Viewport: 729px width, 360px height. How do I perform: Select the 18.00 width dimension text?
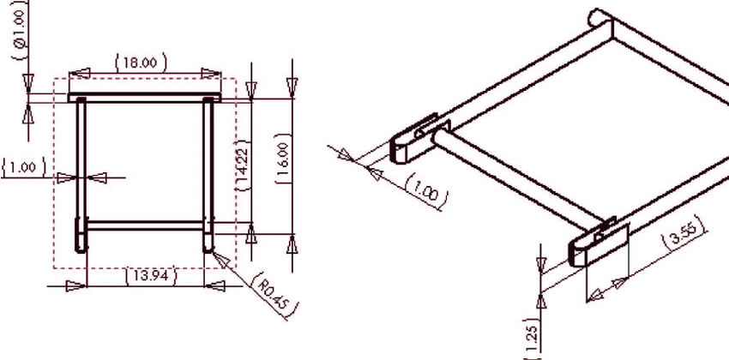[x=140, y=62]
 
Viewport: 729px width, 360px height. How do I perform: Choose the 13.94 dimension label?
[x=147, y=275]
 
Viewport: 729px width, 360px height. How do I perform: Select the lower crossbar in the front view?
[x=146, y=226]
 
